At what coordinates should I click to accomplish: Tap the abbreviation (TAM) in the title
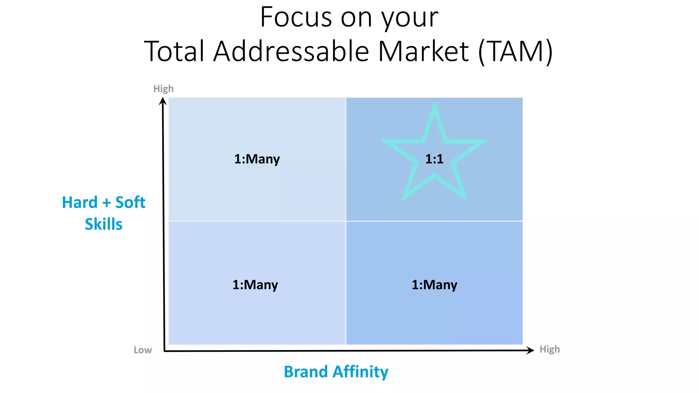click(x=515, y=52)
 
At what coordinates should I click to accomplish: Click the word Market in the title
click(x=423, y=52)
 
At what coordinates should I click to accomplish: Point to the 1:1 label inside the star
click(x=434, y=159)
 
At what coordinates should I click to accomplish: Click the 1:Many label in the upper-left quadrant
click(x=257, y=159)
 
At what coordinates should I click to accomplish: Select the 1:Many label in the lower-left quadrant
click(x=255, y=285)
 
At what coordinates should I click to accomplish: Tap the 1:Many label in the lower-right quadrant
click(x=434, y=285)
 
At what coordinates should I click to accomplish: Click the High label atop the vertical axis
click(x=163, y=89)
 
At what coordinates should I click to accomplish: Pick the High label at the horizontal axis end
click(x=550, y=349)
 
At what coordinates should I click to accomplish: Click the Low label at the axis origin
click(x=143, y=350)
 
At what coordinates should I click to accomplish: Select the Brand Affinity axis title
click(x=336, y=372)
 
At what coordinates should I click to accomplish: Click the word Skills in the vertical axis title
click(x=103, y=224)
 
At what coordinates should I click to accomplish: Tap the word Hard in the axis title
click(x=80, y=203)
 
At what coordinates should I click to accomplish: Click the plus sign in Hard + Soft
click(x=106, y=203)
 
